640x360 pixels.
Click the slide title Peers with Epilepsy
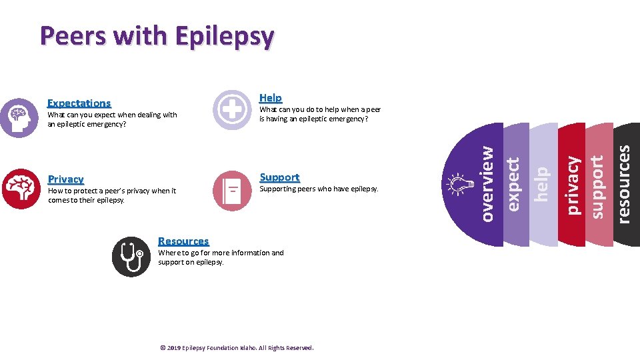pos(156,36)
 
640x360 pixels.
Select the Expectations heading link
pos(79,103)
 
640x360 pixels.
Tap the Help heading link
pos(270,97)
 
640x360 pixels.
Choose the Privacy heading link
pos(66,179)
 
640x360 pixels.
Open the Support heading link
pos(279,177)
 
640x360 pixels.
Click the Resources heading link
pos(183,241)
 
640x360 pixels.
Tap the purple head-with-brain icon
pos(19,118)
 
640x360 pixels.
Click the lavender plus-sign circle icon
pos(232,109)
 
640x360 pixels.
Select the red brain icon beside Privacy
pos(21,189)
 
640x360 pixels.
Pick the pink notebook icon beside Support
pos(232,191)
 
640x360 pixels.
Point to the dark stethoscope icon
pos(131,257)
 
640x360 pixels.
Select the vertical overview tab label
pos(487,184)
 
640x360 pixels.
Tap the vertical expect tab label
pos(513,184)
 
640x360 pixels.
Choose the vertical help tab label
pos(541,184)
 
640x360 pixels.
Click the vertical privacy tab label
pos(572,185)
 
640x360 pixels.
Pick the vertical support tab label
pos(597,186)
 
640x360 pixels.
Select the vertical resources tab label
pos(623,184)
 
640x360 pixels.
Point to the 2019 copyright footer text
pos(237,347)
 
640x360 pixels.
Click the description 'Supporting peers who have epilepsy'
pos(318,189)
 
